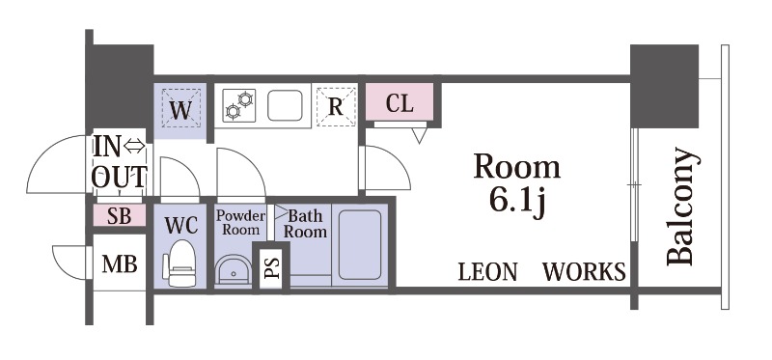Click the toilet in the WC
point(181,263)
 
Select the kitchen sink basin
point(285,105)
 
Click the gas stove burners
point(238,105)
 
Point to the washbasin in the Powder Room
point(234,270)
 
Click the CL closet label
point(400,103)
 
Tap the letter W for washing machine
point(180,110)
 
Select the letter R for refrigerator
point(335,106)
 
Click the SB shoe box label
point(119,215)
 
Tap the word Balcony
point(682,207)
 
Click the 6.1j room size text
point(517,202)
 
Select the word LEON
point(488,272)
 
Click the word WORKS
point(584,272)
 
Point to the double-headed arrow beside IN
point(134,146)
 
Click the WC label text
point(181,225)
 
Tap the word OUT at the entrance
point(119,178)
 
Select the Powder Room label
point(240,223)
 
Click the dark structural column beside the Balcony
point(664,86)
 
